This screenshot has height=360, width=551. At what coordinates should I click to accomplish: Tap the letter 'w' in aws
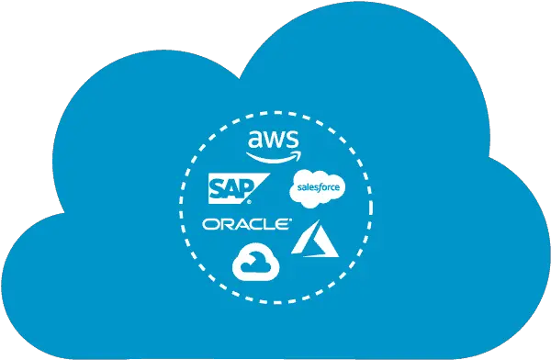pyautogui.click(x=274, y=141)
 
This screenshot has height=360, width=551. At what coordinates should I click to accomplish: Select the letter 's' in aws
pyautogui.click(x=291, y=141)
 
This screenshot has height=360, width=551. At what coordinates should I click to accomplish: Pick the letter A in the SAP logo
pyautogui.click(x=235, y=188)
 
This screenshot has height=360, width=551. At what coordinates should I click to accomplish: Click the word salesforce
pyautogui.click(x=317, y=190)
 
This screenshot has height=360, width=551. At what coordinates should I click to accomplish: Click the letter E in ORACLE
pyautogui.click(x=284, y=224)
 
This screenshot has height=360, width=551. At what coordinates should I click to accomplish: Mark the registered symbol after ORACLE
pyautogui.click(x=292, y=220)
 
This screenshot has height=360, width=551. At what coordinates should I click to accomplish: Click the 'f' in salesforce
pyautogui.click(x=320, y=190)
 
